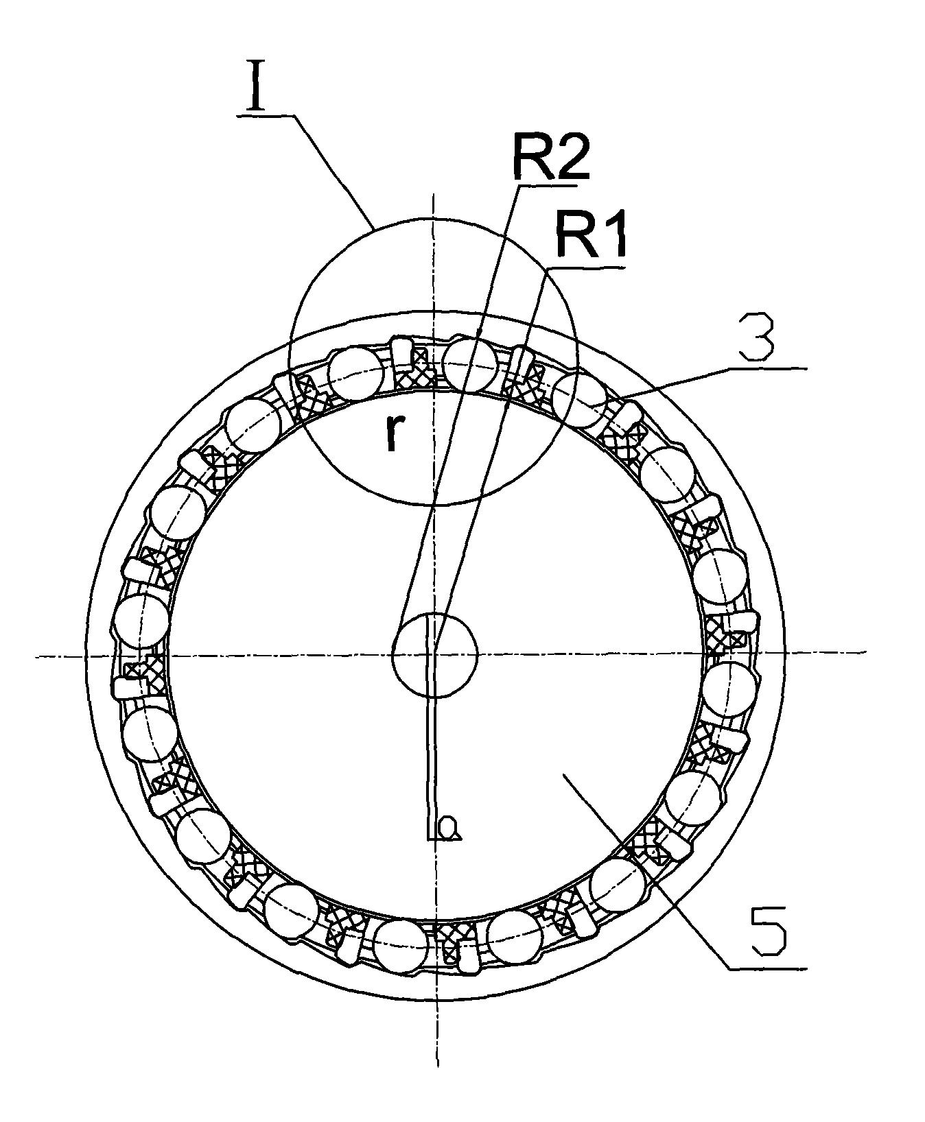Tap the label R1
click(x=590, y=235)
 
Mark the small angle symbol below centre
click(x=443, y=828)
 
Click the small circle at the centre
click(x=434, y=656)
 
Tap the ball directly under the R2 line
click(x=470, y=363)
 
